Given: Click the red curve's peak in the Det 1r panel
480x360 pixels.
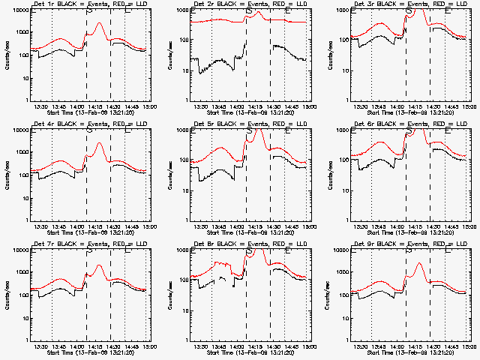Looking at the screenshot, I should (x=99, y=23).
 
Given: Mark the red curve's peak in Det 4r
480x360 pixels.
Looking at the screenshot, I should (x=99, y=143).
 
